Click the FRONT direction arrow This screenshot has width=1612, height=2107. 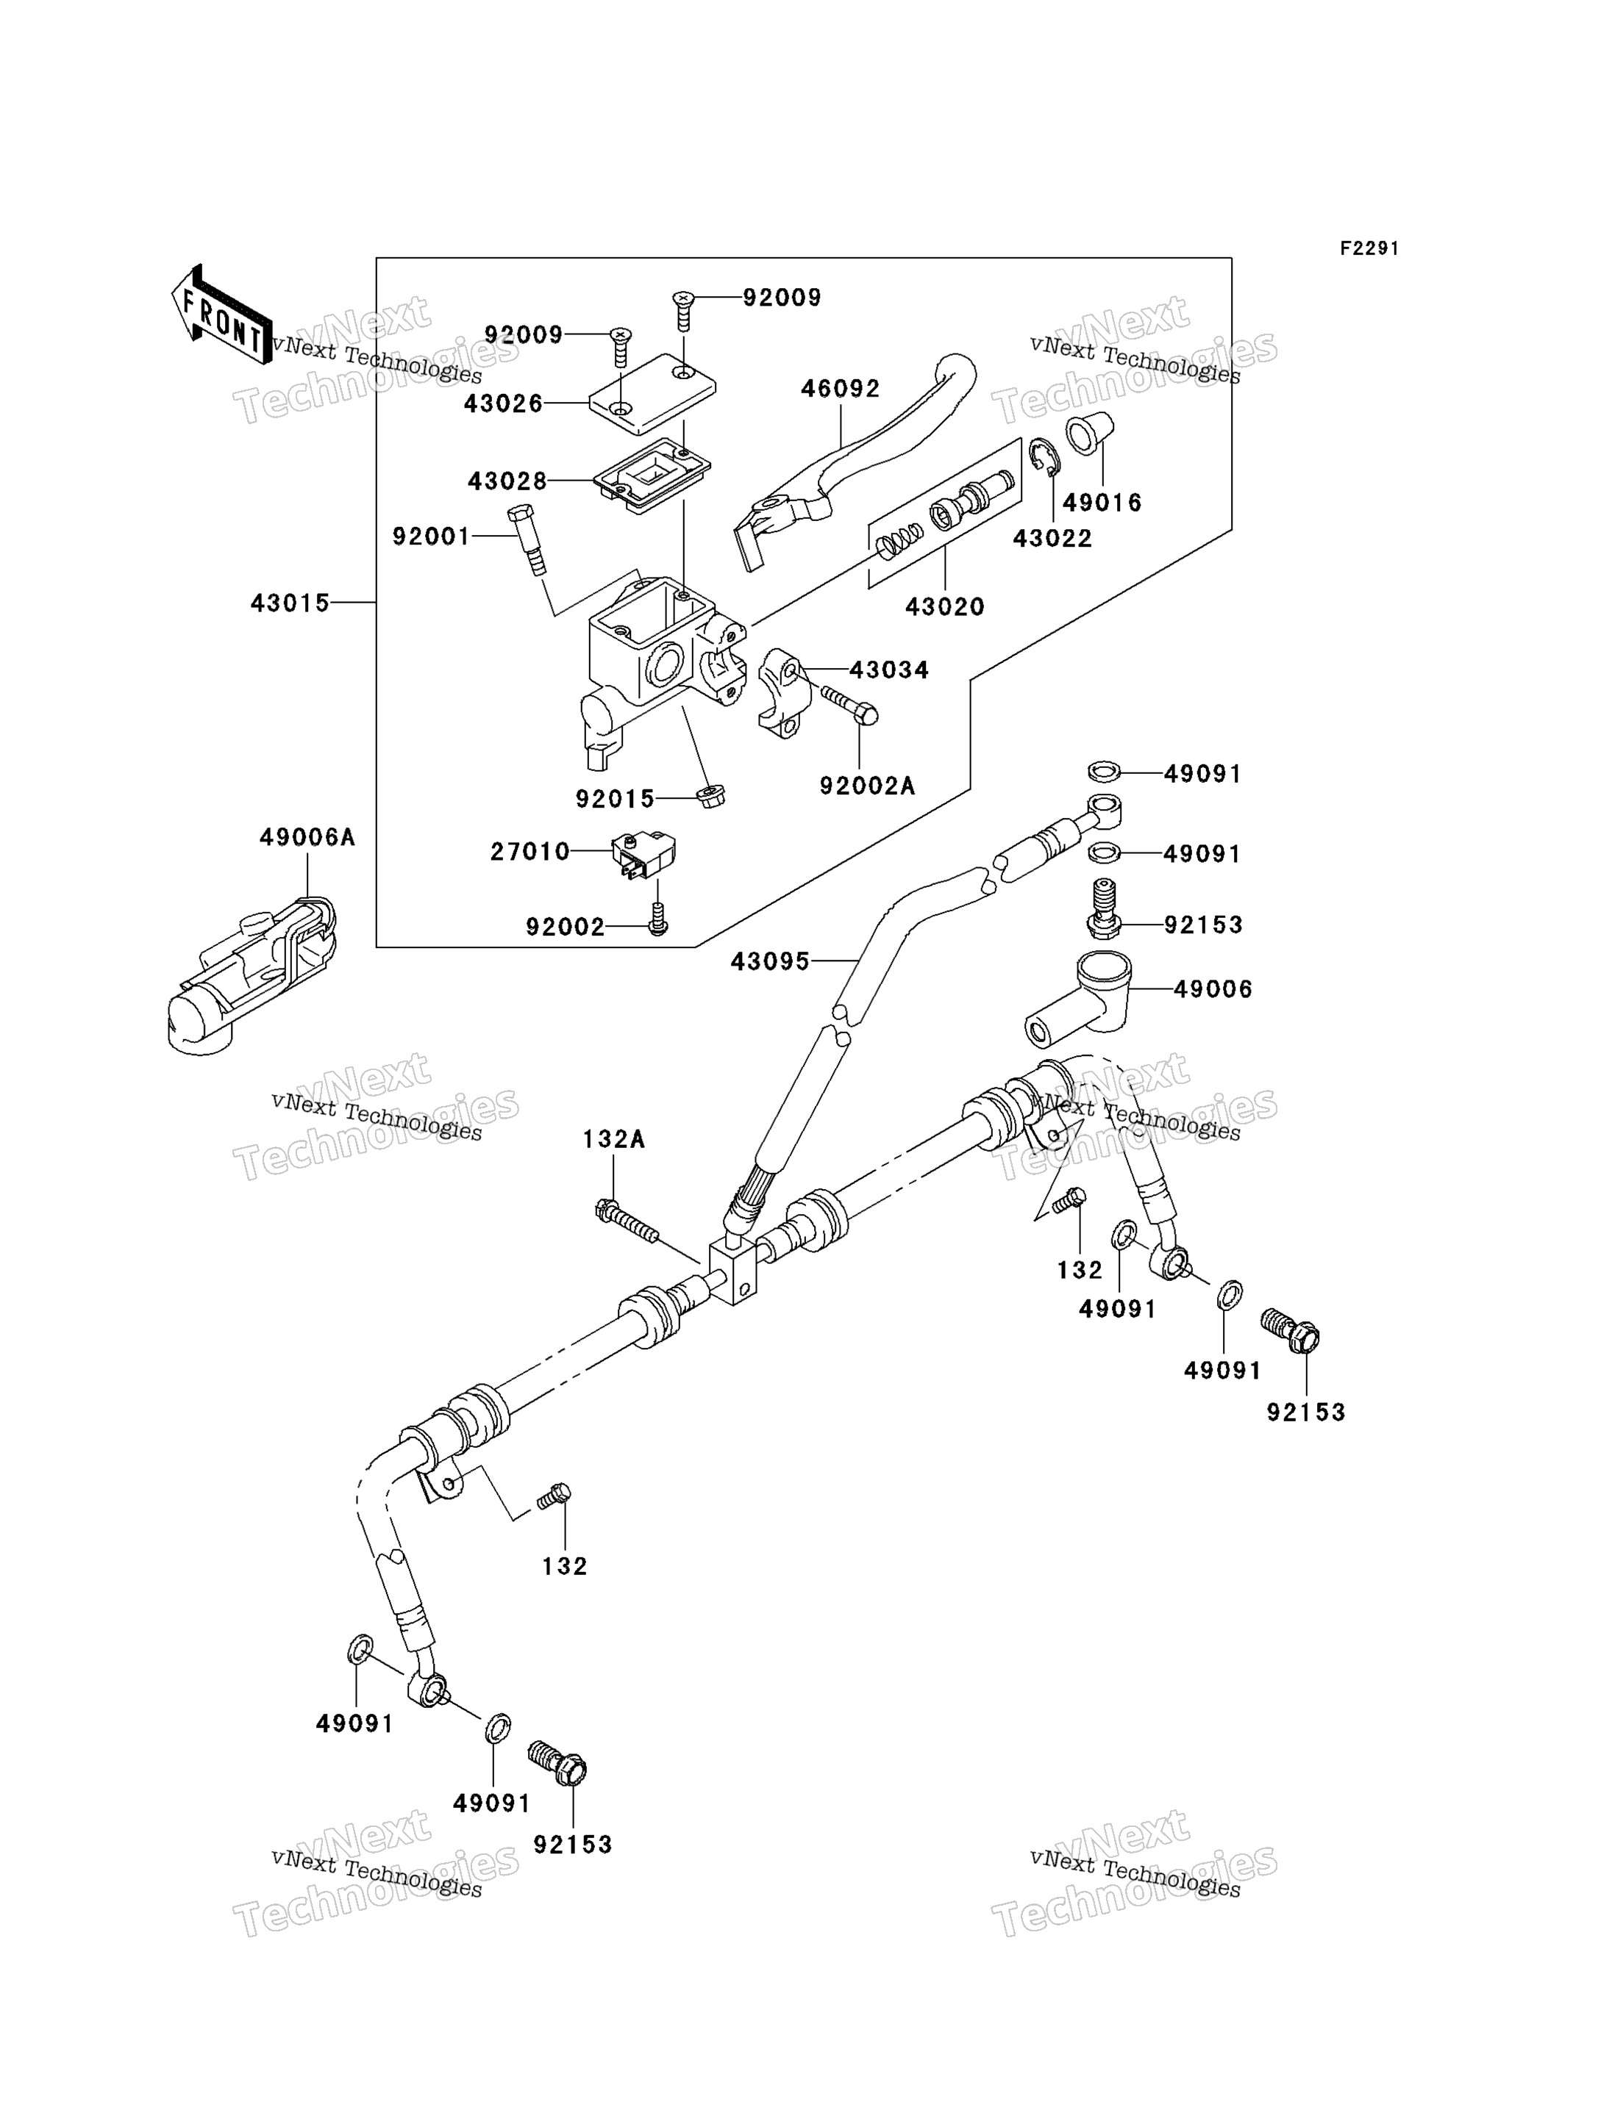pos(221,315)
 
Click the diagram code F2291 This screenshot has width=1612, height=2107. pos(1369,248)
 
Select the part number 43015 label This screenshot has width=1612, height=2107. pos(290,603)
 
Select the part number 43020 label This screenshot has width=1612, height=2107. pos(945,606)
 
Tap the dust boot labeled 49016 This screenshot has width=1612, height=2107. pos(1089,434)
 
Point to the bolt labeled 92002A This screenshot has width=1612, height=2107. pos(849,705)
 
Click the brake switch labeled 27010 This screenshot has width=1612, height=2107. pos(643,855)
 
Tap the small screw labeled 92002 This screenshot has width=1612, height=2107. pos(657,919)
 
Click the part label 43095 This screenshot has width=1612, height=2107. pos(771,961)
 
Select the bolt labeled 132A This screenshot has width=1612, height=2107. pos(627,1223)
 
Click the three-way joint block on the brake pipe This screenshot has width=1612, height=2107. pos(734,1273)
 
